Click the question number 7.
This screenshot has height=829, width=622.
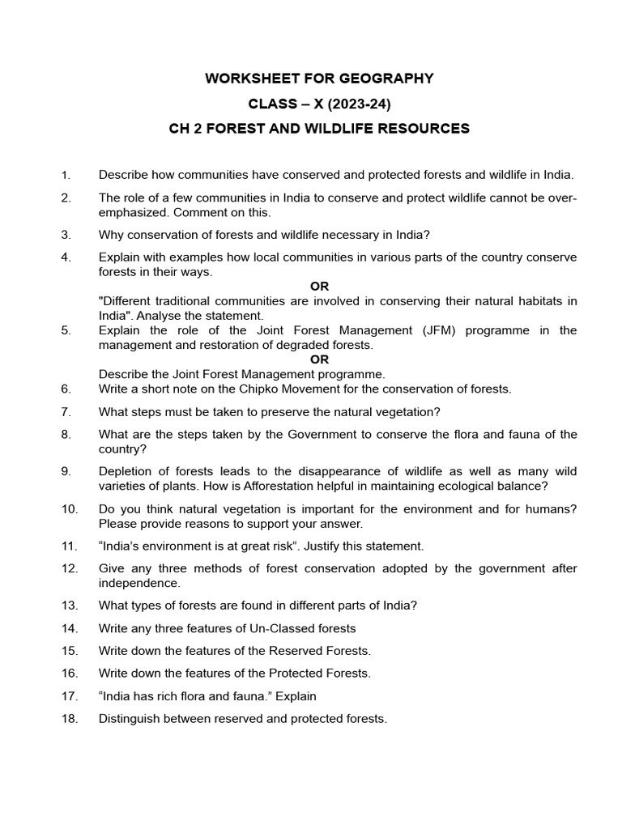tap(66, 411)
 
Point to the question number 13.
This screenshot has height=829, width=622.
tap(69, 606)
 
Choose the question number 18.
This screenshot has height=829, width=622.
tap(69, 718)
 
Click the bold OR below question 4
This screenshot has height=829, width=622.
tap(320, 287)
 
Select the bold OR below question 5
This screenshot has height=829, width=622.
tap(320, 359)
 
